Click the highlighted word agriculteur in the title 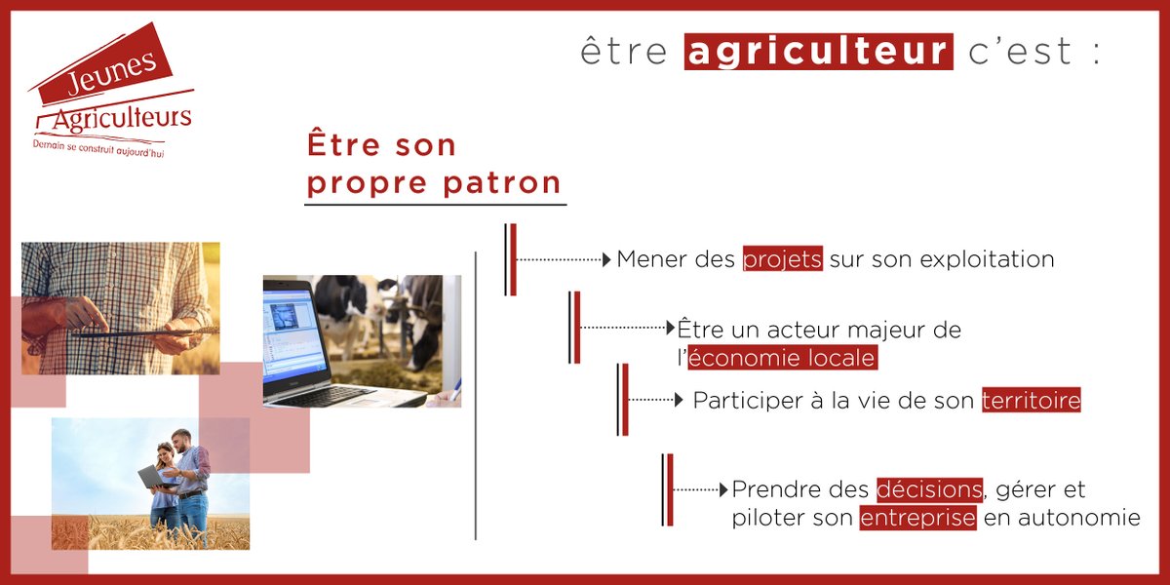tap(819, 51)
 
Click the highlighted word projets tap(783, 260)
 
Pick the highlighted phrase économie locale tap(782, 358)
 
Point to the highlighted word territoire tap(1032, 401)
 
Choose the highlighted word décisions tap(929, 488)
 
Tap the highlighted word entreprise tap(917, 518)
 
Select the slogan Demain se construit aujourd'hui tap(97, 147)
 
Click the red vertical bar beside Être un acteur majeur tap(577, 327)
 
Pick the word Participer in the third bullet tap(739, 401)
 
